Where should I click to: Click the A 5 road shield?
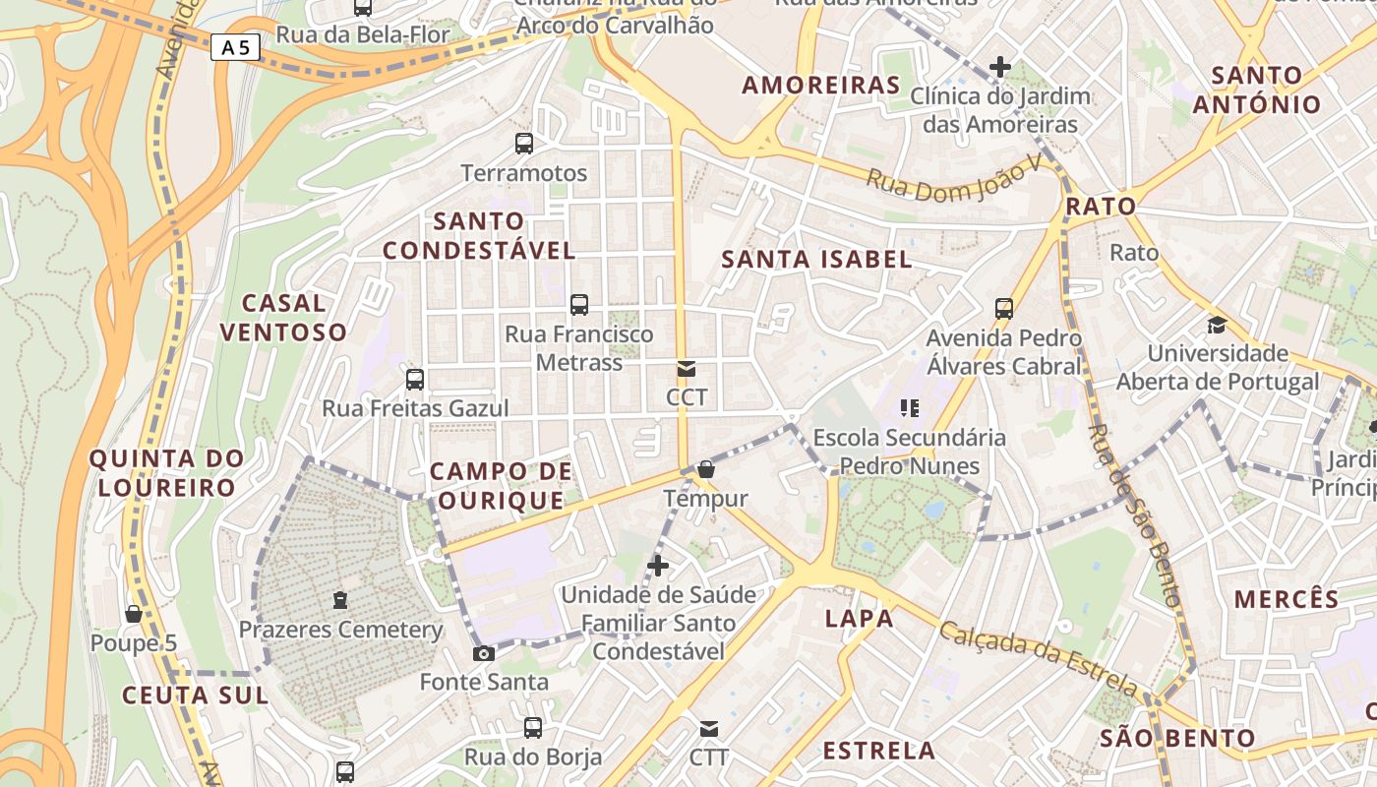click(235, 46)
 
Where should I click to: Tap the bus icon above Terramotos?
click(524, 144)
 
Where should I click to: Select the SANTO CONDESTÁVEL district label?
click(479, 236)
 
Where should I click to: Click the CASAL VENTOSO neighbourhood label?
click(283, 317)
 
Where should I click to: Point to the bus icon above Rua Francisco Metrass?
click(579, 305)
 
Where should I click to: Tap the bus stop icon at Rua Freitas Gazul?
click(415, 380)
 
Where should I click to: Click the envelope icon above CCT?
click(687, 370)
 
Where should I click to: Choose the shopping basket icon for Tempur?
click(706, 470)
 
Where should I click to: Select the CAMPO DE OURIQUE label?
click(502, 486)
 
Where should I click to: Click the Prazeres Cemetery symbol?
click(340, 599)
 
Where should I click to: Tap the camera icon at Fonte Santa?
click(483, 653)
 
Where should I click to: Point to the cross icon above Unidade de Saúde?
click(658, 566)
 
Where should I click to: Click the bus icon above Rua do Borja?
click(532, 728)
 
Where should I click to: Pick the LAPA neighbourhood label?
click(860, 619)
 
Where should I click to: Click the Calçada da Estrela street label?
click(1039, 658)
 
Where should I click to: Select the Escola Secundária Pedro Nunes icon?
click(909, 407)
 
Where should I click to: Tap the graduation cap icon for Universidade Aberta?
click(1217, 324)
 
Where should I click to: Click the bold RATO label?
click(1101, 207)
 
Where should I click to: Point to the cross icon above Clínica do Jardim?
click(1000, 67)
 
